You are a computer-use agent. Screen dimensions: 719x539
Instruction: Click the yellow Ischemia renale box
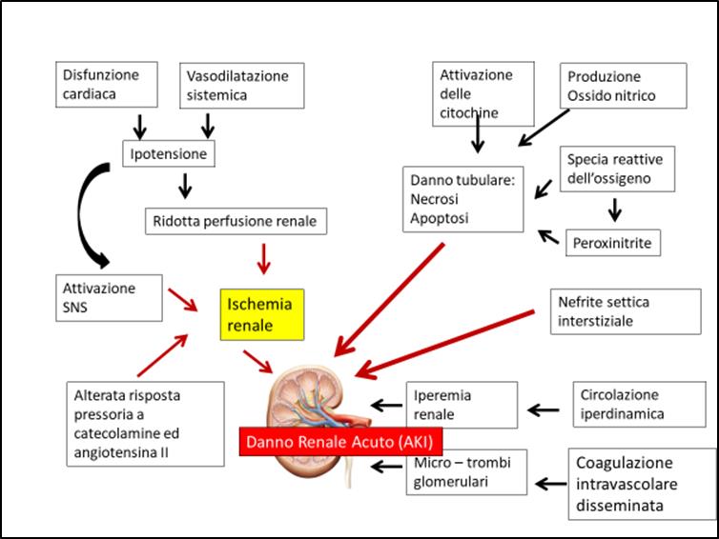tap(262, 314)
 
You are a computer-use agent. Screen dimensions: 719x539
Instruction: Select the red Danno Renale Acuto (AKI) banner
tap(340, 442)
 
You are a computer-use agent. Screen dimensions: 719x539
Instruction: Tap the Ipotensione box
tap(168, 154)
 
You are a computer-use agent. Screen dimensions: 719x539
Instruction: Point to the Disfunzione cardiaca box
tap(107, 85)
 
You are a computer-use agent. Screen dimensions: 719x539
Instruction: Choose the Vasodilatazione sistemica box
tap(241, 86)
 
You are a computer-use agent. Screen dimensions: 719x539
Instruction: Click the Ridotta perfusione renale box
tap(236, 221)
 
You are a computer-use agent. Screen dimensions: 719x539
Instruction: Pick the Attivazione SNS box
tap(109, 298)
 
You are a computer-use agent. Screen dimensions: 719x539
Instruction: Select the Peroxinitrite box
tap(612, 243)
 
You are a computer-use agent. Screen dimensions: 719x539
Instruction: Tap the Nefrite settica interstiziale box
tap(626, 311)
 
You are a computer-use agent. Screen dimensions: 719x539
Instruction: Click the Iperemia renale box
tap(462, 405)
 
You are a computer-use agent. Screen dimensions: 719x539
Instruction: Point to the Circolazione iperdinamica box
tap(639, 405)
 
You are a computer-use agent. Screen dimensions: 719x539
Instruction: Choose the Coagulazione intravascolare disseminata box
tap(642, 484)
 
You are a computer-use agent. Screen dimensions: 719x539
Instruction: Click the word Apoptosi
tap(440, 218)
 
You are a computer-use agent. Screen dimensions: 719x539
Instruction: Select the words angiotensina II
tap(121, 452)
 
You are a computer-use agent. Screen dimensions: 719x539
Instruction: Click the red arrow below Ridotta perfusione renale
tap(263, 259)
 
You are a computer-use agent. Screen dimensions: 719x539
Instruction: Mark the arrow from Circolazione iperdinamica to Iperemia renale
tap(544, 409)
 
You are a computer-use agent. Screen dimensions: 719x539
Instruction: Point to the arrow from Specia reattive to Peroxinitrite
tap(614, 210)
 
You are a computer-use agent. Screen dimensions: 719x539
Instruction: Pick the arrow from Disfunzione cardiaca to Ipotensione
tap(139, 127)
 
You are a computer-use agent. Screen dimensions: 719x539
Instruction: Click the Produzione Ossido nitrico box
tap(623, 86)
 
